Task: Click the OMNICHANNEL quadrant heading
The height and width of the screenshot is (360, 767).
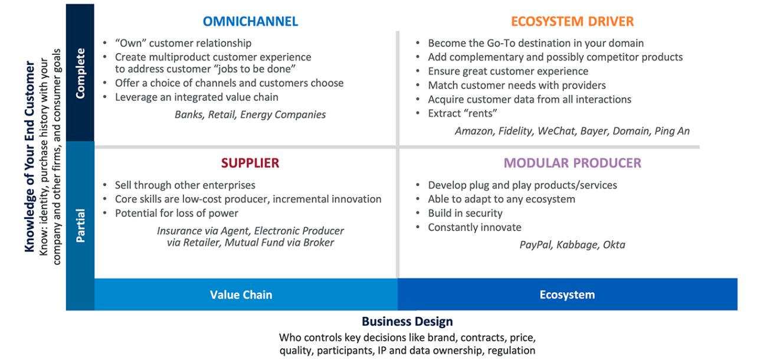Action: pyautogui.click(x=250, y=21)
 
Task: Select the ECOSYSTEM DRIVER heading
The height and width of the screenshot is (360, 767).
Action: pyautogui.click(x=572, y=21)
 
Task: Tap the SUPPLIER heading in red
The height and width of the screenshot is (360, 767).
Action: pyautogui.click(x=250, y=163)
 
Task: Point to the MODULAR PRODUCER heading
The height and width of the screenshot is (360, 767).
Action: pyautogui.click(x=572, y=163)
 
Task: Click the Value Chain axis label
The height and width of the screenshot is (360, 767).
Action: pyautogui.click(x=241, y=294)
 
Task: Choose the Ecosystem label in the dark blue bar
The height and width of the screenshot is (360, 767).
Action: pyautogui.click(x=567, y=294)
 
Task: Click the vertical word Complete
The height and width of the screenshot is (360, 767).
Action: pyautogui.click(x=80, y=73)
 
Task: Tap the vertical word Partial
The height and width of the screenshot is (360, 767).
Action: pyautogui.click(x=80, y=225)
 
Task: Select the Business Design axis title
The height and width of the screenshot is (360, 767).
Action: pyautogui.click(x=407, y=321)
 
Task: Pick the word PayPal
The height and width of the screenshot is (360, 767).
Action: pyautogui.click(x=536, y=245)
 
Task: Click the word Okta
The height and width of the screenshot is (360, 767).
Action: pyautogui.click(x=614, y=244)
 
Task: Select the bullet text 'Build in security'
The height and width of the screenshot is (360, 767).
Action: pyautogui.click(x=465, y=214)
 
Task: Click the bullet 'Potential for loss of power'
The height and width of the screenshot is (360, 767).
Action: pyautogui.click(x=176, y=214)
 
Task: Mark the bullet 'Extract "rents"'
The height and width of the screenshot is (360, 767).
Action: pyautogui.click(x=462, y=113)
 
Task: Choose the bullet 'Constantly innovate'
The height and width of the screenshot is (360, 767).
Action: pyautogui.click(x=474, y=227)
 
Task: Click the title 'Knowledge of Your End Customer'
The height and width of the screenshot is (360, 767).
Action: pyautogui.click(x=29, y=156)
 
